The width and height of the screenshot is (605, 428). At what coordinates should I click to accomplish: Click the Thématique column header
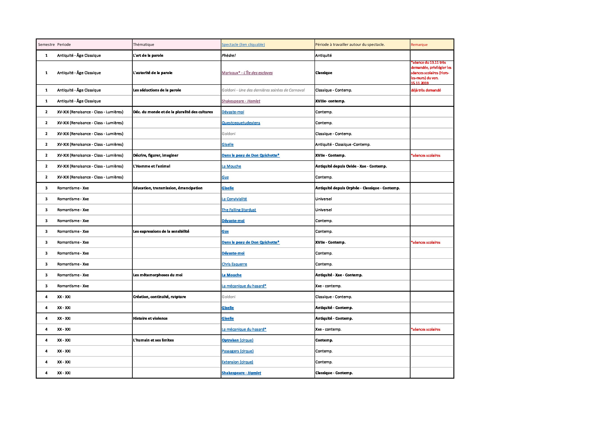[144, 44]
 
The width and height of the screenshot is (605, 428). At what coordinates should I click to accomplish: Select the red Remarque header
[419, 44]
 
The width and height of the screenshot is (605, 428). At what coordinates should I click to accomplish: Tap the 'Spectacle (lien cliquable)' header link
[243, 44]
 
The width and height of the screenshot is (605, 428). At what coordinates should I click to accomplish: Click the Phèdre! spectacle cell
[229, 55]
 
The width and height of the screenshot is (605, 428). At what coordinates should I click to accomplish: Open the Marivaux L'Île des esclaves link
[247, 73]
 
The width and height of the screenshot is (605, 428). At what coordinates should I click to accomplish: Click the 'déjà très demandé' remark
[426, 90]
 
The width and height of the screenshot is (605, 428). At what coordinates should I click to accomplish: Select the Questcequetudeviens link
[241, 123]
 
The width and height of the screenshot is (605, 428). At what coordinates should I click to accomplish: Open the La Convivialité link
[234, 199]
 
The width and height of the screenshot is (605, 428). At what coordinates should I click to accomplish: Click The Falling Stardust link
[239, 210]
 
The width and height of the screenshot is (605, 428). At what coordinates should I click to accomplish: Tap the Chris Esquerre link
[234, 264]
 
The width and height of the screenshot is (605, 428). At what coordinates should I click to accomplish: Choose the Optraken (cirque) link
[237, 340]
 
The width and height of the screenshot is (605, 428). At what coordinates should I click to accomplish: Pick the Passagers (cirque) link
[237, 351]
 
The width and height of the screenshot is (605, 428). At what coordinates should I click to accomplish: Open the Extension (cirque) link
[237, 362]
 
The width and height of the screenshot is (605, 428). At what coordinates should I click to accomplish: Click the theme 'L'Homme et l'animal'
[152, 166]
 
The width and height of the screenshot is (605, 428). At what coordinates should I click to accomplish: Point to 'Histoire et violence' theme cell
[150, 318]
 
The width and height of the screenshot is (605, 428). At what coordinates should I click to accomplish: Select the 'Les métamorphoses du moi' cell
[158, 275]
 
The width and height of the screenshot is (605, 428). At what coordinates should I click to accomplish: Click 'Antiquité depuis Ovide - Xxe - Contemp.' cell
[351, 166]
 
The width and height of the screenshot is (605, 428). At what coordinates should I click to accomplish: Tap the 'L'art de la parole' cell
[148, 55]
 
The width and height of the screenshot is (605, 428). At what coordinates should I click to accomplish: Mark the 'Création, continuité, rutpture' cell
[159, 297]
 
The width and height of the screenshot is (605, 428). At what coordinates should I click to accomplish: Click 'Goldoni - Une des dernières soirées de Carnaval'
[263, 90]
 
